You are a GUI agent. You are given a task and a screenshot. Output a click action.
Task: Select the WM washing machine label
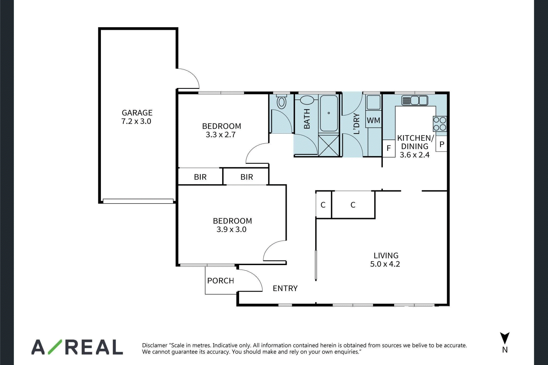tap(374, 121)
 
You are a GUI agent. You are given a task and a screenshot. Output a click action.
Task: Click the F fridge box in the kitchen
tap(389, 148)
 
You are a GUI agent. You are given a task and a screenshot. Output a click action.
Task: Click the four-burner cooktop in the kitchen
tap(440, 124)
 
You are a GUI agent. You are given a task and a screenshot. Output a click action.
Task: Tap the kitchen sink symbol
tap(414, 101)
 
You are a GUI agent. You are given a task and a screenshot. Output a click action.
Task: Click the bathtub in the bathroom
tap(329, 113)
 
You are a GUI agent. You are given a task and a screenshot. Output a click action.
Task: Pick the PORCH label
tap(220, 281)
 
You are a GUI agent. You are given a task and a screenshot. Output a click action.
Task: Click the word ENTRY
tap(285, 288)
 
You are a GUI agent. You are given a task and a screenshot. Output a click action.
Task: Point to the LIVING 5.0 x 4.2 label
tap(385, 260)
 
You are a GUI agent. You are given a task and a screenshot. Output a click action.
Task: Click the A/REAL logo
tap(77, 347)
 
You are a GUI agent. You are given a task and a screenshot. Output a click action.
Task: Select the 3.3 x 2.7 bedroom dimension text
tap(220, 135)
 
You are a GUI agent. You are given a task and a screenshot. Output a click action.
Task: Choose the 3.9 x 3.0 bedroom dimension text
tap(231, 229)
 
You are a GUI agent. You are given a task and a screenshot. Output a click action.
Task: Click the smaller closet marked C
tap(323, 205)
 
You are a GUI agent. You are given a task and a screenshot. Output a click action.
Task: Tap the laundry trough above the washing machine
tap(374, 102)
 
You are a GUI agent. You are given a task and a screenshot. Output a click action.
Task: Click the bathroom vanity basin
tap(307, 100)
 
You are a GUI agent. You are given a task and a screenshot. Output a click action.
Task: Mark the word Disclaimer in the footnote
tap(155, 345)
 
